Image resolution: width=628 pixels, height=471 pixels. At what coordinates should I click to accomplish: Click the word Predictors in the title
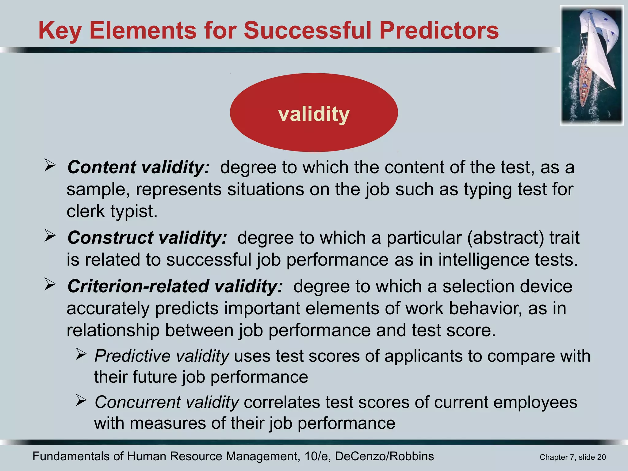[439, 31]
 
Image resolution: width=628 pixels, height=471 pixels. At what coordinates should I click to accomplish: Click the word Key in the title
[60, 31]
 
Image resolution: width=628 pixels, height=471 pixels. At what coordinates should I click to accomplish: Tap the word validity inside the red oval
[314, 114]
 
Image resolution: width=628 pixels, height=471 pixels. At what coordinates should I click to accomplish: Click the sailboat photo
[592, 66]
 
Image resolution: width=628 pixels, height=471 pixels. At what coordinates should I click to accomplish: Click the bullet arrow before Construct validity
[50, 236]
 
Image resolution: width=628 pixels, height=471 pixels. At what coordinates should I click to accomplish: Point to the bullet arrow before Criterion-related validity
[50, 284]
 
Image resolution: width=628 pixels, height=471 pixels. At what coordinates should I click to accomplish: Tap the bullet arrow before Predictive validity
[81, 355]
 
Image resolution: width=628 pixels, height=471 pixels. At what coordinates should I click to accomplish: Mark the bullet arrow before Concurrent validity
[81, 400]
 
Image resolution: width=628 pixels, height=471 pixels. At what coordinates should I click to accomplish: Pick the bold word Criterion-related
[138, 286]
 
